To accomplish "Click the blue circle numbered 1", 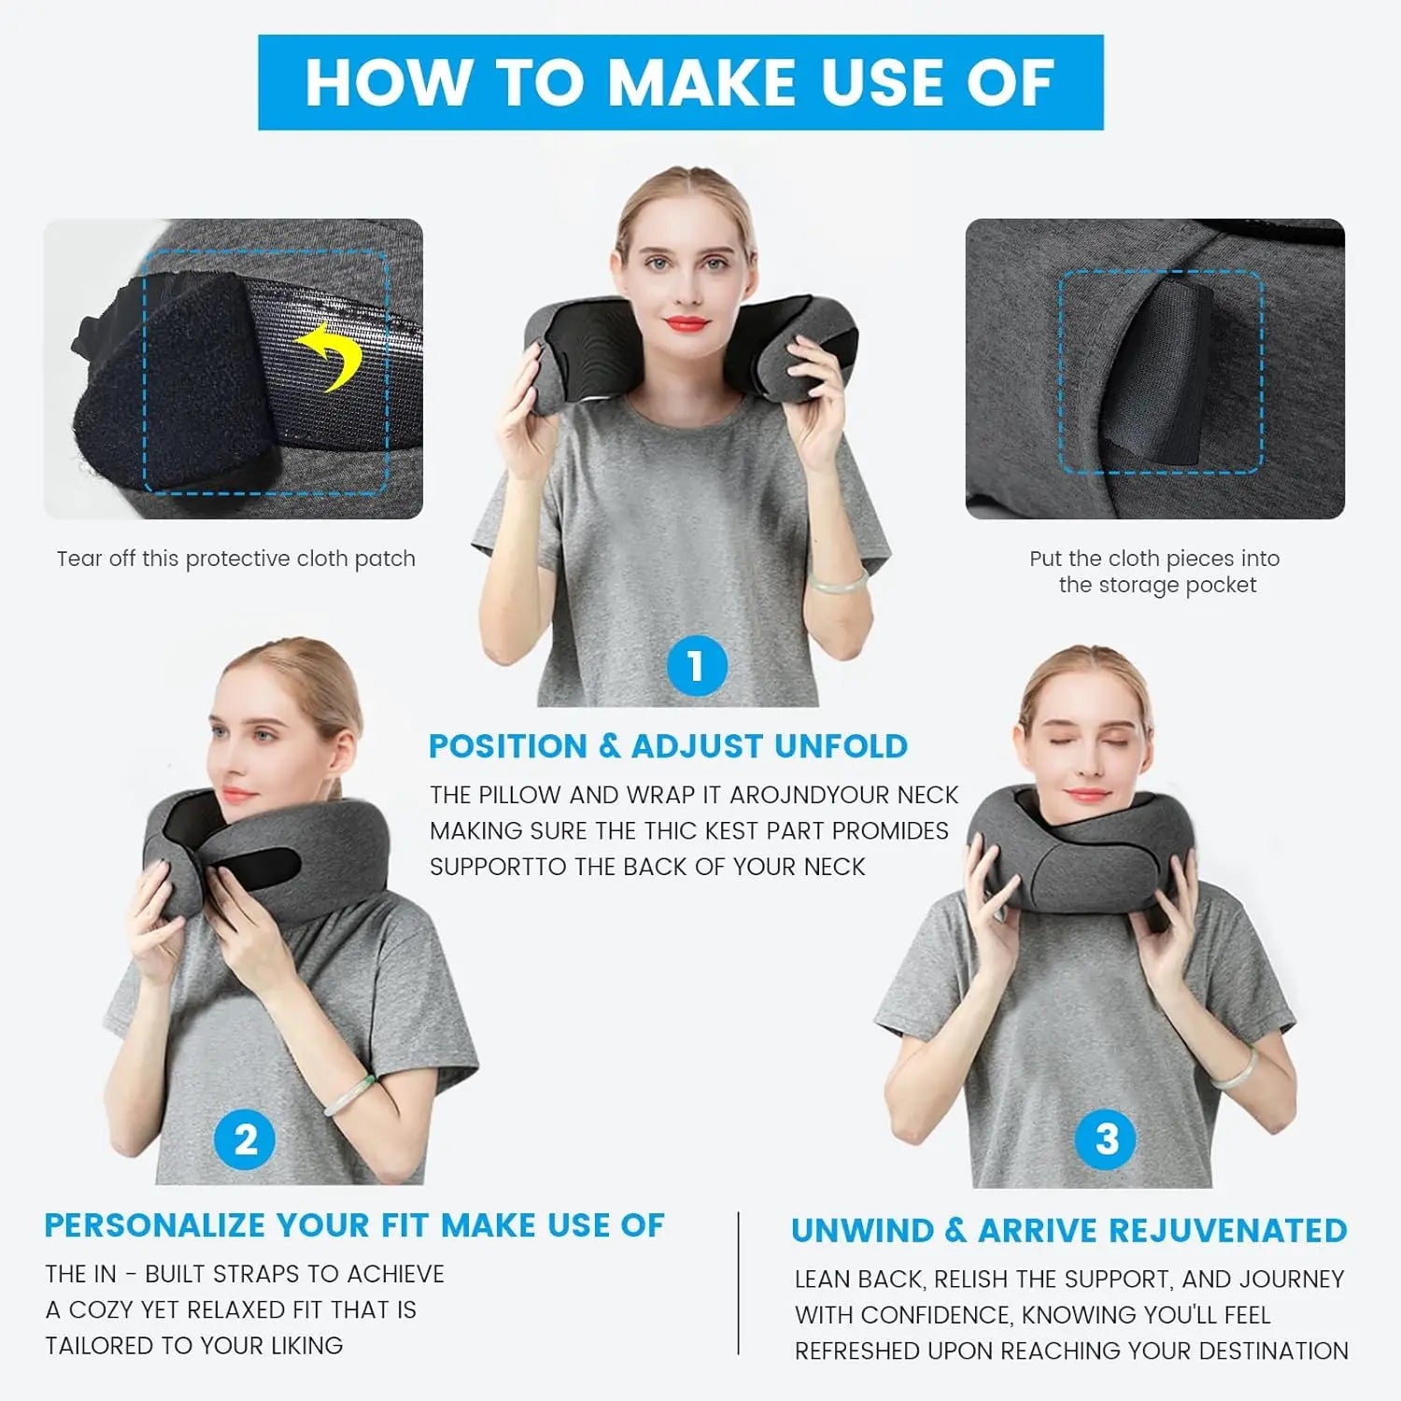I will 697,666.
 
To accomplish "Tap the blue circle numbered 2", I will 245,1139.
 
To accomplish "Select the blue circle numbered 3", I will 1106,1139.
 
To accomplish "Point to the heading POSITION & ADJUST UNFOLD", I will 668,746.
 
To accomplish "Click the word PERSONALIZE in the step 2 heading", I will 154,1225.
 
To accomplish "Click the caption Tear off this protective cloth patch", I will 235,559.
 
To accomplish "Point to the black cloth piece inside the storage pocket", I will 1167,374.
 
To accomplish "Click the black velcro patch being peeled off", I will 173,392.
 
